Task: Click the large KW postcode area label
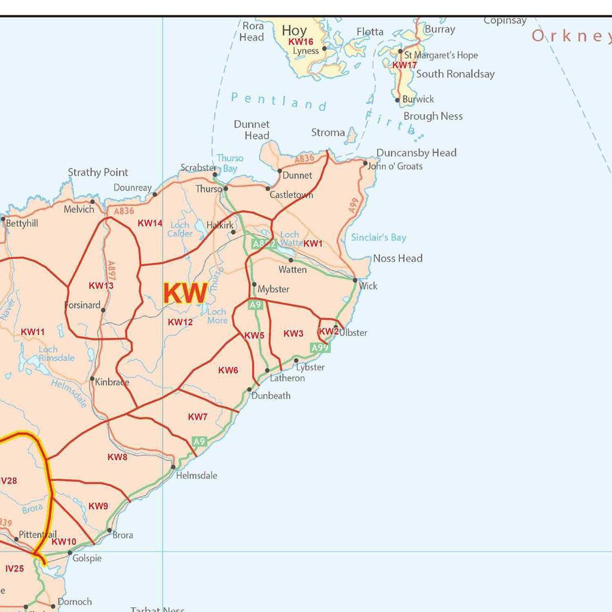[185, 293]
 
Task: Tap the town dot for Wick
[355, 280]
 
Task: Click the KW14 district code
[150, 223]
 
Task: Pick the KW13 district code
[101, 286]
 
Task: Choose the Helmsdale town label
[197, 476]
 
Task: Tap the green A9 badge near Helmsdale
[199, 442]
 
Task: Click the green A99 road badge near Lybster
[320, 347]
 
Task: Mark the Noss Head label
[397, 258]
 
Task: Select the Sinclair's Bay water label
[378, 237]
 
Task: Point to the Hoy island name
[294, 30]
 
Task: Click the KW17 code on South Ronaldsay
[405, 65]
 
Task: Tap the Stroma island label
[328, 133]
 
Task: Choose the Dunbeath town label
[271, 396]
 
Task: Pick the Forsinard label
[82, 305]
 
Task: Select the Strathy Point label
[98, 172]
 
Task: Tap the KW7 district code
[198, 417]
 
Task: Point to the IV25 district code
[14, 568]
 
